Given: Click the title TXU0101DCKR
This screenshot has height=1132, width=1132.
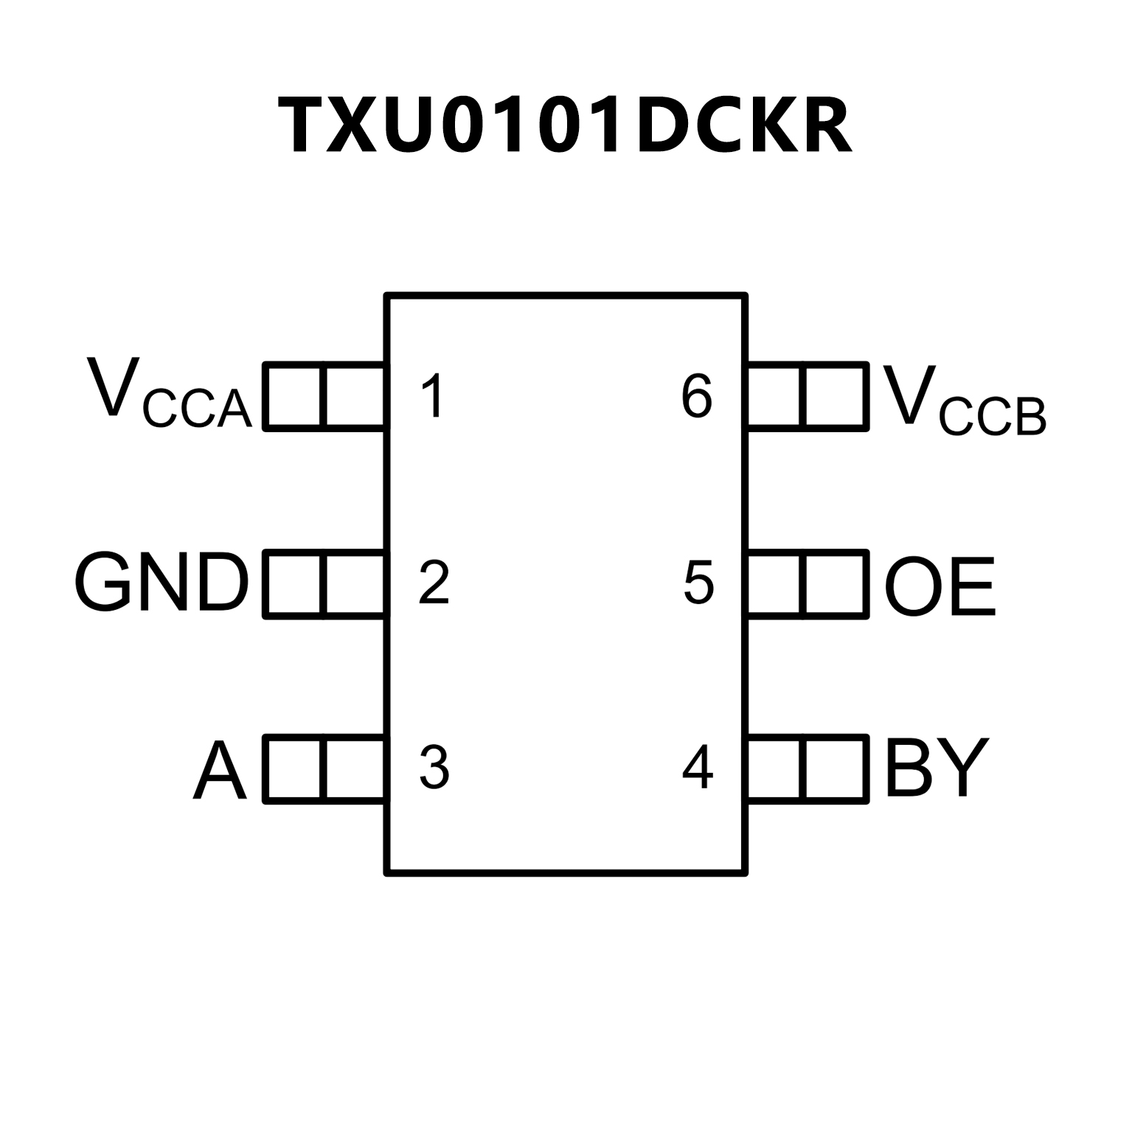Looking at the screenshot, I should click(565, 126).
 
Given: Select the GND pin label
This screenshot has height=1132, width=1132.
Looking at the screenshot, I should click(162, 583).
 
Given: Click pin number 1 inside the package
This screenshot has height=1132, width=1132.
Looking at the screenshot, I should click(432, 396).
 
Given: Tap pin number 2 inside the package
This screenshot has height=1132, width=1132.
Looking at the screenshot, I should click(434, 583).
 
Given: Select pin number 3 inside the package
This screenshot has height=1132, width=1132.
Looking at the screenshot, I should click(434, 768).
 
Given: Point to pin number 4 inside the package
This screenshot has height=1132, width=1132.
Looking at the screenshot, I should click(698, 768).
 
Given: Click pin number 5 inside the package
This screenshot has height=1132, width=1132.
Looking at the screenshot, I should click(698, 583).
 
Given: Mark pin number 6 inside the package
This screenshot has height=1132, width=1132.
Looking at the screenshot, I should click(697, 396).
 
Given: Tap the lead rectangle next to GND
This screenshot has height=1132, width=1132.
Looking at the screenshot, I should click(324, 583).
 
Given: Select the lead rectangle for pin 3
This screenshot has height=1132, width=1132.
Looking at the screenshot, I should click(324, 768).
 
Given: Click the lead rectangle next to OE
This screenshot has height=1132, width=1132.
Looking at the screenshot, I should click(807, 583).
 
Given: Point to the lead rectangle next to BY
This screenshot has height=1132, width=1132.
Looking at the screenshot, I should click(807, 768).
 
